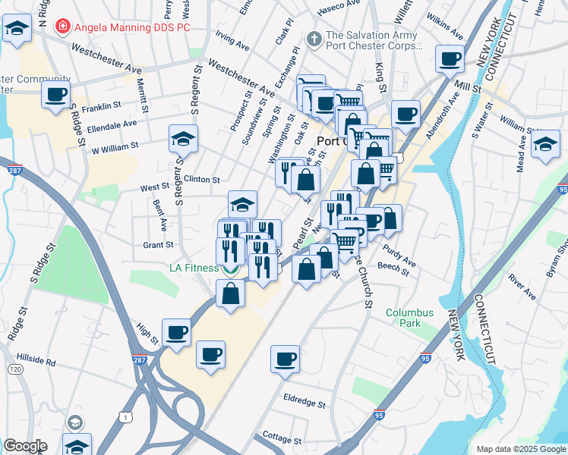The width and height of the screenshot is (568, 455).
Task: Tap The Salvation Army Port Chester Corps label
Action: pos(371,40)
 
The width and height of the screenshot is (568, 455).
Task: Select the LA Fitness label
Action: pos(194,268)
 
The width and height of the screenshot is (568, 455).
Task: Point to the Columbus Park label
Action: pos(409,318)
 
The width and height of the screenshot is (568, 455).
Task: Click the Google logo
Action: pos(25,446)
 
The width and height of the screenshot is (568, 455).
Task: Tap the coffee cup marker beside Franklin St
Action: pos(56,96)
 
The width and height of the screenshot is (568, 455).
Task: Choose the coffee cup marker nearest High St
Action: pos(177,332)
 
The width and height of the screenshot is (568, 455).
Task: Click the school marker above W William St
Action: pos(183,139)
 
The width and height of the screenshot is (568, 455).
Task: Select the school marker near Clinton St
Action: pos(242,204)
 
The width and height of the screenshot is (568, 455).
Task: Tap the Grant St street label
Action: pos(158,245)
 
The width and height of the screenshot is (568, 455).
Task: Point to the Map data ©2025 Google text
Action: pos(520,448)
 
